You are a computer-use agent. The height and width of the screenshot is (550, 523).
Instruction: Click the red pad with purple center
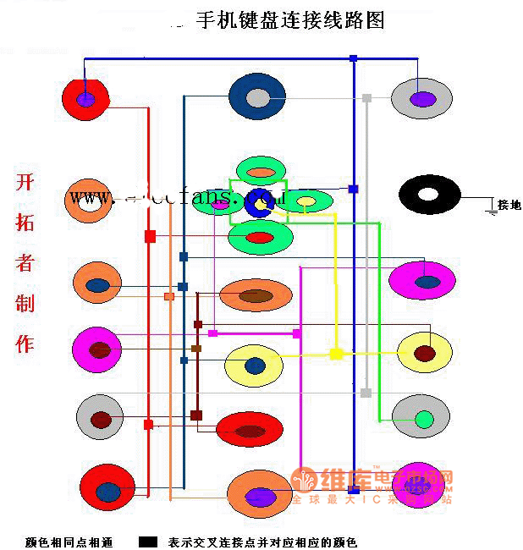85,99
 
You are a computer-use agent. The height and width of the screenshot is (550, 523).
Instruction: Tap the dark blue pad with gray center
257,97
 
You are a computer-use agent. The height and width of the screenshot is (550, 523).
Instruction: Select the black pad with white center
429,194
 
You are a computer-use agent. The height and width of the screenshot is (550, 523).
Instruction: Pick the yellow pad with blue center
255,365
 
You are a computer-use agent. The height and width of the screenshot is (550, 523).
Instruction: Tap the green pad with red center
260,238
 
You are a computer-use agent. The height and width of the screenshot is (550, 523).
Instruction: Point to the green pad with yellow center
305,201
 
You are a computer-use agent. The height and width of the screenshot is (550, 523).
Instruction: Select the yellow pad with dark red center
425,352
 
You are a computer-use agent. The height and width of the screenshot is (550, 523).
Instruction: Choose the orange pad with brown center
256,295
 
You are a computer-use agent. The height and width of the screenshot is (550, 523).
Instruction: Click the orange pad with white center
89,201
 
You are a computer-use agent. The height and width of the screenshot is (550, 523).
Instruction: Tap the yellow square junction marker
336,353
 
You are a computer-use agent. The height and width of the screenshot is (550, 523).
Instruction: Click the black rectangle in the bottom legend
149,541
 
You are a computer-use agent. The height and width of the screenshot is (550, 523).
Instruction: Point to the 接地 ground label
509,205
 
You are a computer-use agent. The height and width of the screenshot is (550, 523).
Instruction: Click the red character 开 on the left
25,184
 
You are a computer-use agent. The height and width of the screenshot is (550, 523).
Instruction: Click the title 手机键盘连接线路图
290,20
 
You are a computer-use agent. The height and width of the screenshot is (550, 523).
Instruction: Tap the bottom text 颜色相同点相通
69,542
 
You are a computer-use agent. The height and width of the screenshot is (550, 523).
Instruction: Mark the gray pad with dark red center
101,418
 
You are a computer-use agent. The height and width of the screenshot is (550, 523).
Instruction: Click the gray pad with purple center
421,99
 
